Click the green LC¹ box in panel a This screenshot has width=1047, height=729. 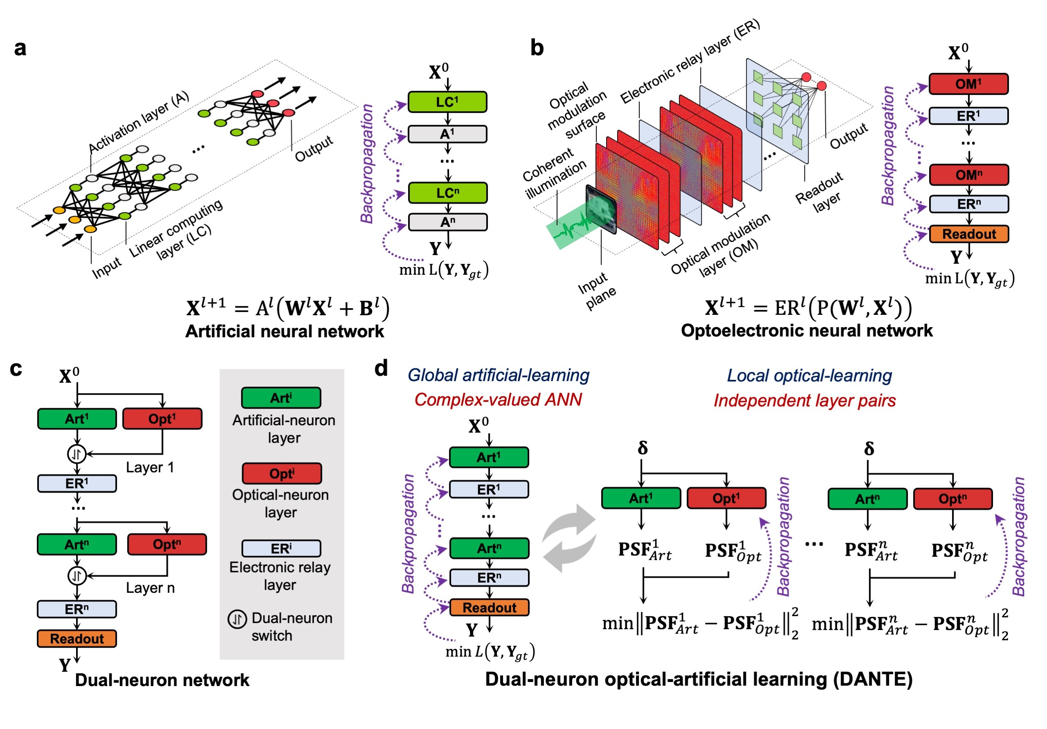[447, 102]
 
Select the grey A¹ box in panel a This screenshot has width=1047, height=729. [447, 134]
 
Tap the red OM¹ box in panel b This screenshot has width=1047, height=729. [968, 84]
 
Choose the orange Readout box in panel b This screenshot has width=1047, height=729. [968, 234]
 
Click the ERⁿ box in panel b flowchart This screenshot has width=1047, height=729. [968, 204]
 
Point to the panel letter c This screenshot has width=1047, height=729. [16, 368]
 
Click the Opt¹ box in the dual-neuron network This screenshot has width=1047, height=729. [162, 419]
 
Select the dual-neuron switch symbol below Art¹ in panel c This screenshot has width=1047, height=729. [76, 453]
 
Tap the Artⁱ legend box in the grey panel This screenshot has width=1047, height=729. [281, 397]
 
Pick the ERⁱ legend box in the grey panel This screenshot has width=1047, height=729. [281, 548]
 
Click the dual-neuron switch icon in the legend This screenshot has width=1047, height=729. [237, 619]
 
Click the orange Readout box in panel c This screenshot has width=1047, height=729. [76, 638]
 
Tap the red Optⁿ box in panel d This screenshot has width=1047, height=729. [953, 498]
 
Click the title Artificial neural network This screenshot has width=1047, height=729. [285, 331]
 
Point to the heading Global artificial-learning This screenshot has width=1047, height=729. [498, 375]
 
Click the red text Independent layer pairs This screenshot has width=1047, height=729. [804, 400]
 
